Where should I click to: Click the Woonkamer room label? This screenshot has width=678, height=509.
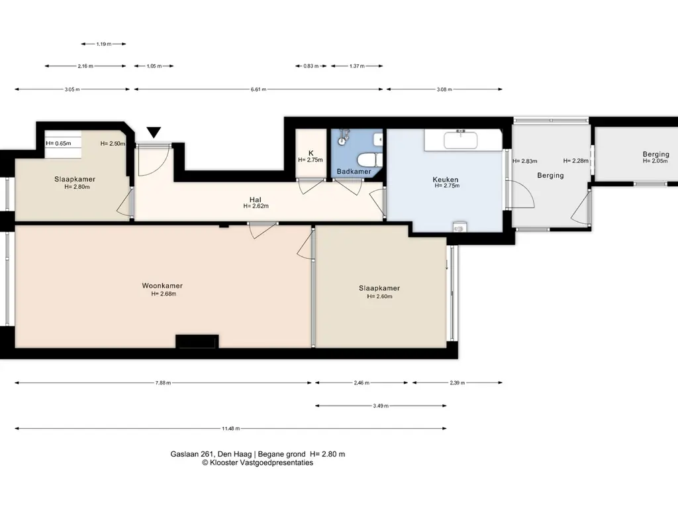pyautogui.click(x=162, y=286)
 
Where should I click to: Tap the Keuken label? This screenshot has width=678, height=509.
pyautogui.click(x=446, y=179)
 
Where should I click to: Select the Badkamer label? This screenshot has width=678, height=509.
pyautogui.click(x=354, y=172)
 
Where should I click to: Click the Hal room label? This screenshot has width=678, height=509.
pyautogui.click(x=255, y=199)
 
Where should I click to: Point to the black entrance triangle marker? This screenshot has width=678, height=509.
pyautogui.click(x=154, y=132)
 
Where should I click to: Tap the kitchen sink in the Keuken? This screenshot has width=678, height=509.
pyautogui.click(x=461, y=140)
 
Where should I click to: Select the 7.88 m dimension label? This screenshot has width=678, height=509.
pyautogui.click(x=163, y=382)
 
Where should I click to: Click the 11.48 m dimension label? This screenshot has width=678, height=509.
pyautogui.click(x=230, y=429)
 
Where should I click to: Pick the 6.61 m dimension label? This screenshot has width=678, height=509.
pyautogui.click(x=258, y=89)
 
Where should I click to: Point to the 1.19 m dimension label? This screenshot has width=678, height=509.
pyautogui.click(x=104, y=44)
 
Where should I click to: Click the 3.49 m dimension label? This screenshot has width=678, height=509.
pyautogui.click(x=381, y=406)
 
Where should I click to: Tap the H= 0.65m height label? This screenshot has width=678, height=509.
pyautogui.click(x=58, y=143)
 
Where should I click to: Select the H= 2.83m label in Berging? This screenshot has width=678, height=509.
pyautogui.click(x=525, y=161)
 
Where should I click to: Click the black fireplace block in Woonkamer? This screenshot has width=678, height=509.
pyautogui.click(x=197, y=341)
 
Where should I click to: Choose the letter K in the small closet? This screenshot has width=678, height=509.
pyautogui.click(x=311, y=153)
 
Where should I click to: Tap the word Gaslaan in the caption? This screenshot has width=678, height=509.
pyautogui.click(x=185, y=454)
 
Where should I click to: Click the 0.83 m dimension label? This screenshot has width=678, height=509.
pyautogui.click(x=311, y=66)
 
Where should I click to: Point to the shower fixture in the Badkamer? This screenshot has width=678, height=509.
pyautogui.click(x=344, y=137)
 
